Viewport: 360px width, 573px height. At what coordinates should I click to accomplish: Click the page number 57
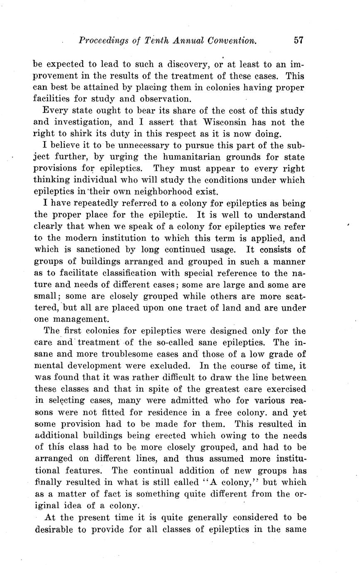[299, 40]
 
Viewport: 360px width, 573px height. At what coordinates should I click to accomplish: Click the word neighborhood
[174, 192]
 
